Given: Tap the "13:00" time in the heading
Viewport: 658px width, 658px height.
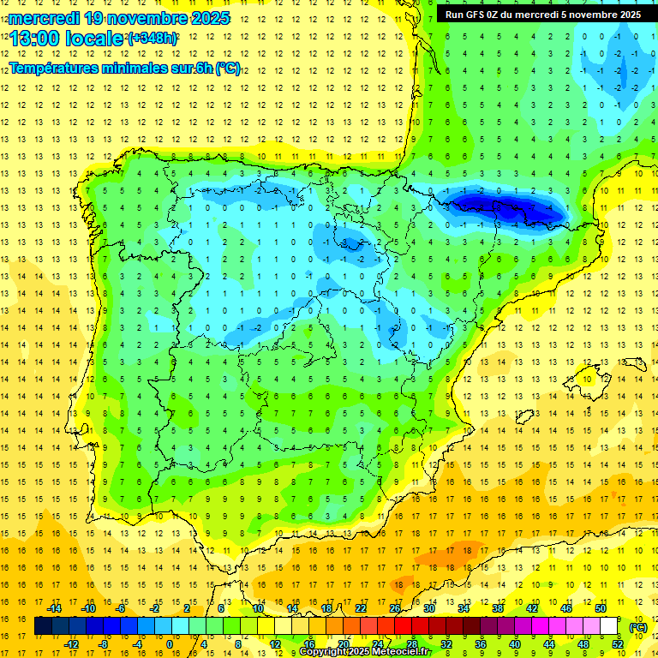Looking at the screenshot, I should tap(32, 39).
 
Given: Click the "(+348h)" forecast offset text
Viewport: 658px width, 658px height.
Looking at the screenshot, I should tap(153, 38).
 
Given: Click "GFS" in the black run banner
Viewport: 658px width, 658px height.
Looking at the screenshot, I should tap(479, 15).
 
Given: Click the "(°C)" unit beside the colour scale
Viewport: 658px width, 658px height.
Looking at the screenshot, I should tap(637, 627).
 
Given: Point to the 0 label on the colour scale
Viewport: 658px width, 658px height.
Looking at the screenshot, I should tap(169, 644).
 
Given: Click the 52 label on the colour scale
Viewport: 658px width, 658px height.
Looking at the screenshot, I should tap(618, 644).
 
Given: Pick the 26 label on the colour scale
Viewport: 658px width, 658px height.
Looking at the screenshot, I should tap(395, 608).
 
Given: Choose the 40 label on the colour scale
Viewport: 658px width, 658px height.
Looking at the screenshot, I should tap(514, 644).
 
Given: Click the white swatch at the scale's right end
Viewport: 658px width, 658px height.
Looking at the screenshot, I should tap(609, 626).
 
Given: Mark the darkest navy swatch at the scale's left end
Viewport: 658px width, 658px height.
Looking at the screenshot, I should tap(43, 626).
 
